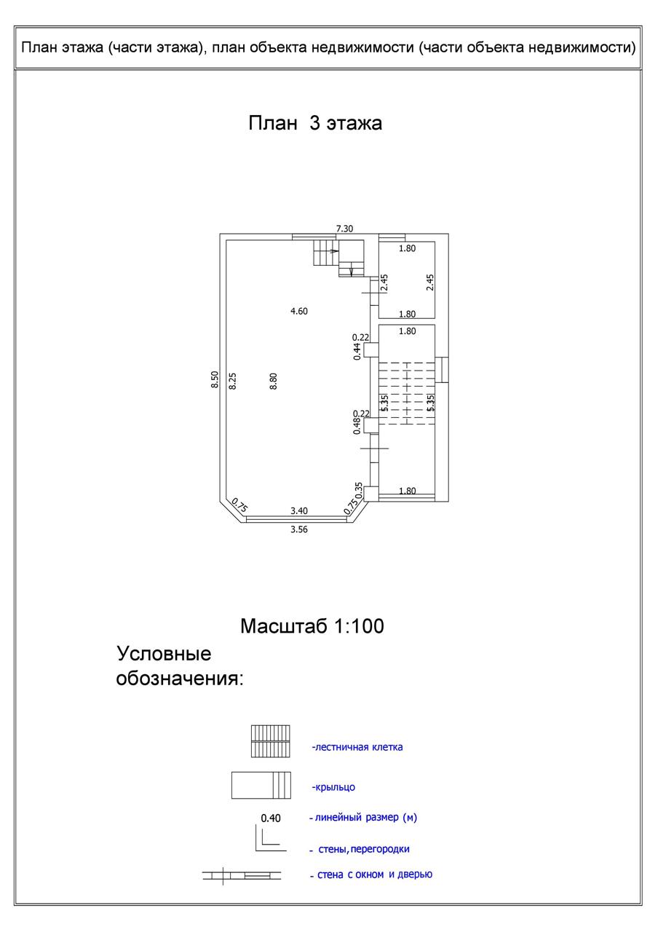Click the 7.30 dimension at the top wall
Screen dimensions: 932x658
(344, 229)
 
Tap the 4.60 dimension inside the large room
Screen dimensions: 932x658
(299, 311)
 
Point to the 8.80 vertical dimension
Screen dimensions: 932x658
(274, 381)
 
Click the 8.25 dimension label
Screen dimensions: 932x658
(233, 381)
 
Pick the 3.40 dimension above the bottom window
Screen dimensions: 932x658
(299, 511)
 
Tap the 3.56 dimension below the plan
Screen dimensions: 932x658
(299, 529)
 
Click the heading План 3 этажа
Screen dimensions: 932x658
(315, 123)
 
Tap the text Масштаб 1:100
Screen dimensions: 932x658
(312, 625)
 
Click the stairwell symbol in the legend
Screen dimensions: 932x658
(270, 741)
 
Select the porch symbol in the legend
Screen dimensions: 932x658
(261, 786)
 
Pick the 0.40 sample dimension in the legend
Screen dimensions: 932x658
(271, 818)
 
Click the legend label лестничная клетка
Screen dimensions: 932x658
(357, 747)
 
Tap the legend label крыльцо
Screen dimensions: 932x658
(333, 787)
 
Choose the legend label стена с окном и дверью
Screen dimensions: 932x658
(375, 874)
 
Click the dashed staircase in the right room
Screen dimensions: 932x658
(405, 393)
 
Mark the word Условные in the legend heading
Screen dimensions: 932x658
(164, 652)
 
